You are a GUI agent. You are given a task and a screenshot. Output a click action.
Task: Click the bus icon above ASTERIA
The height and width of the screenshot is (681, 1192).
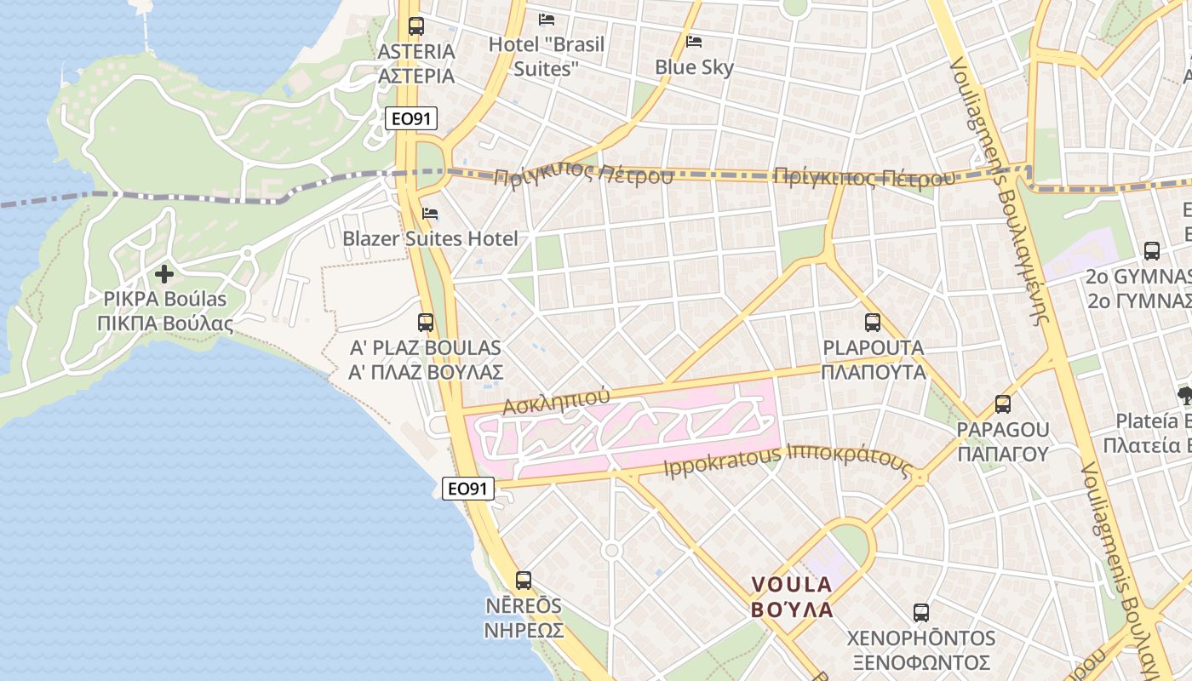pyautogui.click(x=415, y=26)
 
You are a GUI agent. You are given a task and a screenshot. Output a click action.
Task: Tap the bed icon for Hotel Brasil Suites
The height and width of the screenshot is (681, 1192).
pyautogui.click(x=547, y=19)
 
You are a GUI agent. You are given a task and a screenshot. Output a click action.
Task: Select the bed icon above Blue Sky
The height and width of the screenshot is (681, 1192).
pyautogui.click(x=694, y=41)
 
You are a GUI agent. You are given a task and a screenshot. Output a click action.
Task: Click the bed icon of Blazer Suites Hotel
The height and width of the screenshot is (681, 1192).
pyautogui.click(x=430, y=214)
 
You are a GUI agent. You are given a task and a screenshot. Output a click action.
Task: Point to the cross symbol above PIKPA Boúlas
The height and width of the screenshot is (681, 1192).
pyautogui.click(x=164, y=274)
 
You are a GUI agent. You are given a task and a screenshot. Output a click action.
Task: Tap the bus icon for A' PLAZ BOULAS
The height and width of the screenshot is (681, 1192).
pyautogui.click(x=426, y=323)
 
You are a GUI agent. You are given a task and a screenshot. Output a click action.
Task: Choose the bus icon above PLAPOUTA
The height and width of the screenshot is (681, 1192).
pyautogui.click(x=873, y=323)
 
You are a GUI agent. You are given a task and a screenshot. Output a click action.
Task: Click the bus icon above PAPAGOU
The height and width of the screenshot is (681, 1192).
pyautogui.click(x=1003, y=404)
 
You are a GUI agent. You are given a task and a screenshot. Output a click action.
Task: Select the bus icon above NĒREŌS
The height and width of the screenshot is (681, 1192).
pyautogui.click(x=524, y=581)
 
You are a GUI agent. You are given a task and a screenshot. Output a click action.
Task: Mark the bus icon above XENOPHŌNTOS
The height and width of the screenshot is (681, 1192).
pyautogui.click(x=920, y=613)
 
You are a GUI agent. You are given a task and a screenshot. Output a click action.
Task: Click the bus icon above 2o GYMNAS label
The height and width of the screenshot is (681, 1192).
pyautogui.click(x=1152, y=251)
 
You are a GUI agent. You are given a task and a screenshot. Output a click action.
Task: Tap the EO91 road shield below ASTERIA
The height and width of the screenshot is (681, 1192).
pyautogui.click(x=411, y=118)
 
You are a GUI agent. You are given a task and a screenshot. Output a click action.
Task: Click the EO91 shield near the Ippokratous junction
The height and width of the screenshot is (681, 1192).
pyautogui.click(x=468, y=488)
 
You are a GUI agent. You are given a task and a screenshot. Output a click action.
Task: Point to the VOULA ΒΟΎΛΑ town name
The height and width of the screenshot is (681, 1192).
pyautogui.click(x=791, y=597)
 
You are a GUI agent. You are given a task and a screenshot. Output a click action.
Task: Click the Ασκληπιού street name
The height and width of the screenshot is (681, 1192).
pyautogui.click(x=556, y=401)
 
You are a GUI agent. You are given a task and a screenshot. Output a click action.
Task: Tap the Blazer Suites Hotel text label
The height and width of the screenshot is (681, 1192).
pyautogui.click(x=430, y=238)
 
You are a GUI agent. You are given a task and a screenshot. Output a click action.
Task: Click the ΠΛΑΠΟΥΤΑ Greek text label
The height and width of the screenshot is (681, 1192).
pyautogui.click(x=874, y=372)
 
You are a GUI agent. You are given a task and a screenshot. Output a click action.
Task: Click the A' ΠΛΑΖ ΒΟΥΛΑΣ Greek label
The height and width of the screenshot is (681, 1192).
pyautogui.click(x=426, y=372)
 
